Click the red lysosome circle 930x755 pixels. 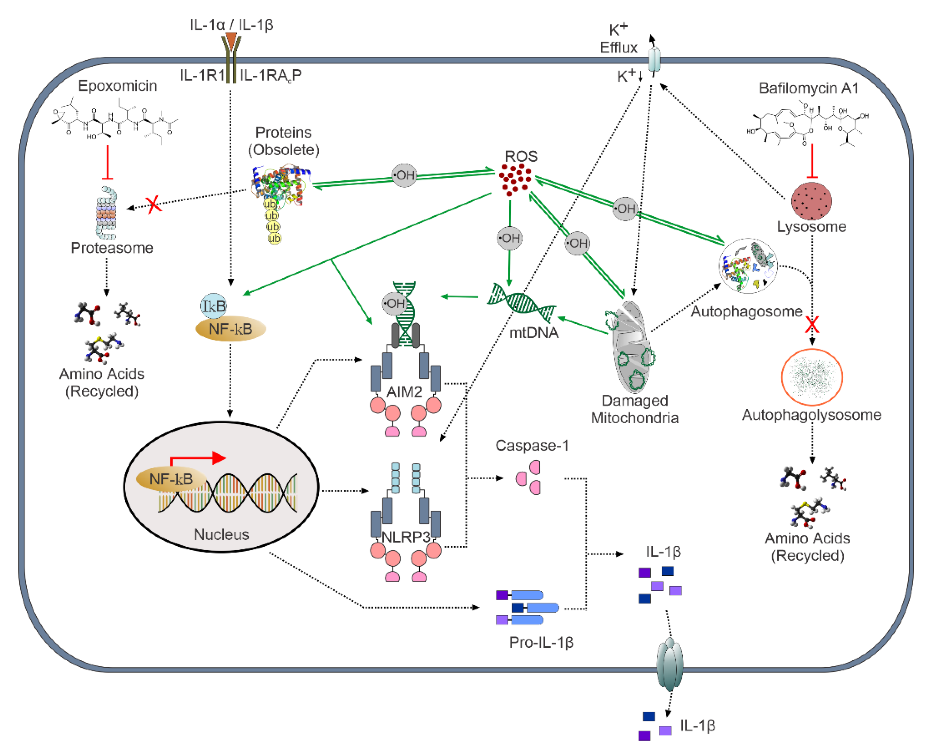point(811,201)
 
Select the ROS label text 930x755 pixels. point(521,156)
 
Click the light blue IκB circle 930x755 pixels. point(213,306)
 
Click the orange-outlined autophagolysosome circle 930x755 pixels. point(812,377)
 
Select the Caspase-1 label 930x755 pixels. point(532,445)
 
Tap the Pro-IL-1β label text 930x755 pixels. point(541,642)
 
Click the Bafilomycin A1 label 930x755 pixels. point(808,88)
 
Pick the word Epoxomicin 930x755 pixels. point(117,86)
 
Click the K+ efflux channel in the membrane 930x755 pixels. point(654,60)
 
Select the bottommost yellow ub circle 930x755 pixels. point(274,238)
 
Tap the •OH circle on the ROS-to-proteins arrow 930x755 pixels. point(404,175)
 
